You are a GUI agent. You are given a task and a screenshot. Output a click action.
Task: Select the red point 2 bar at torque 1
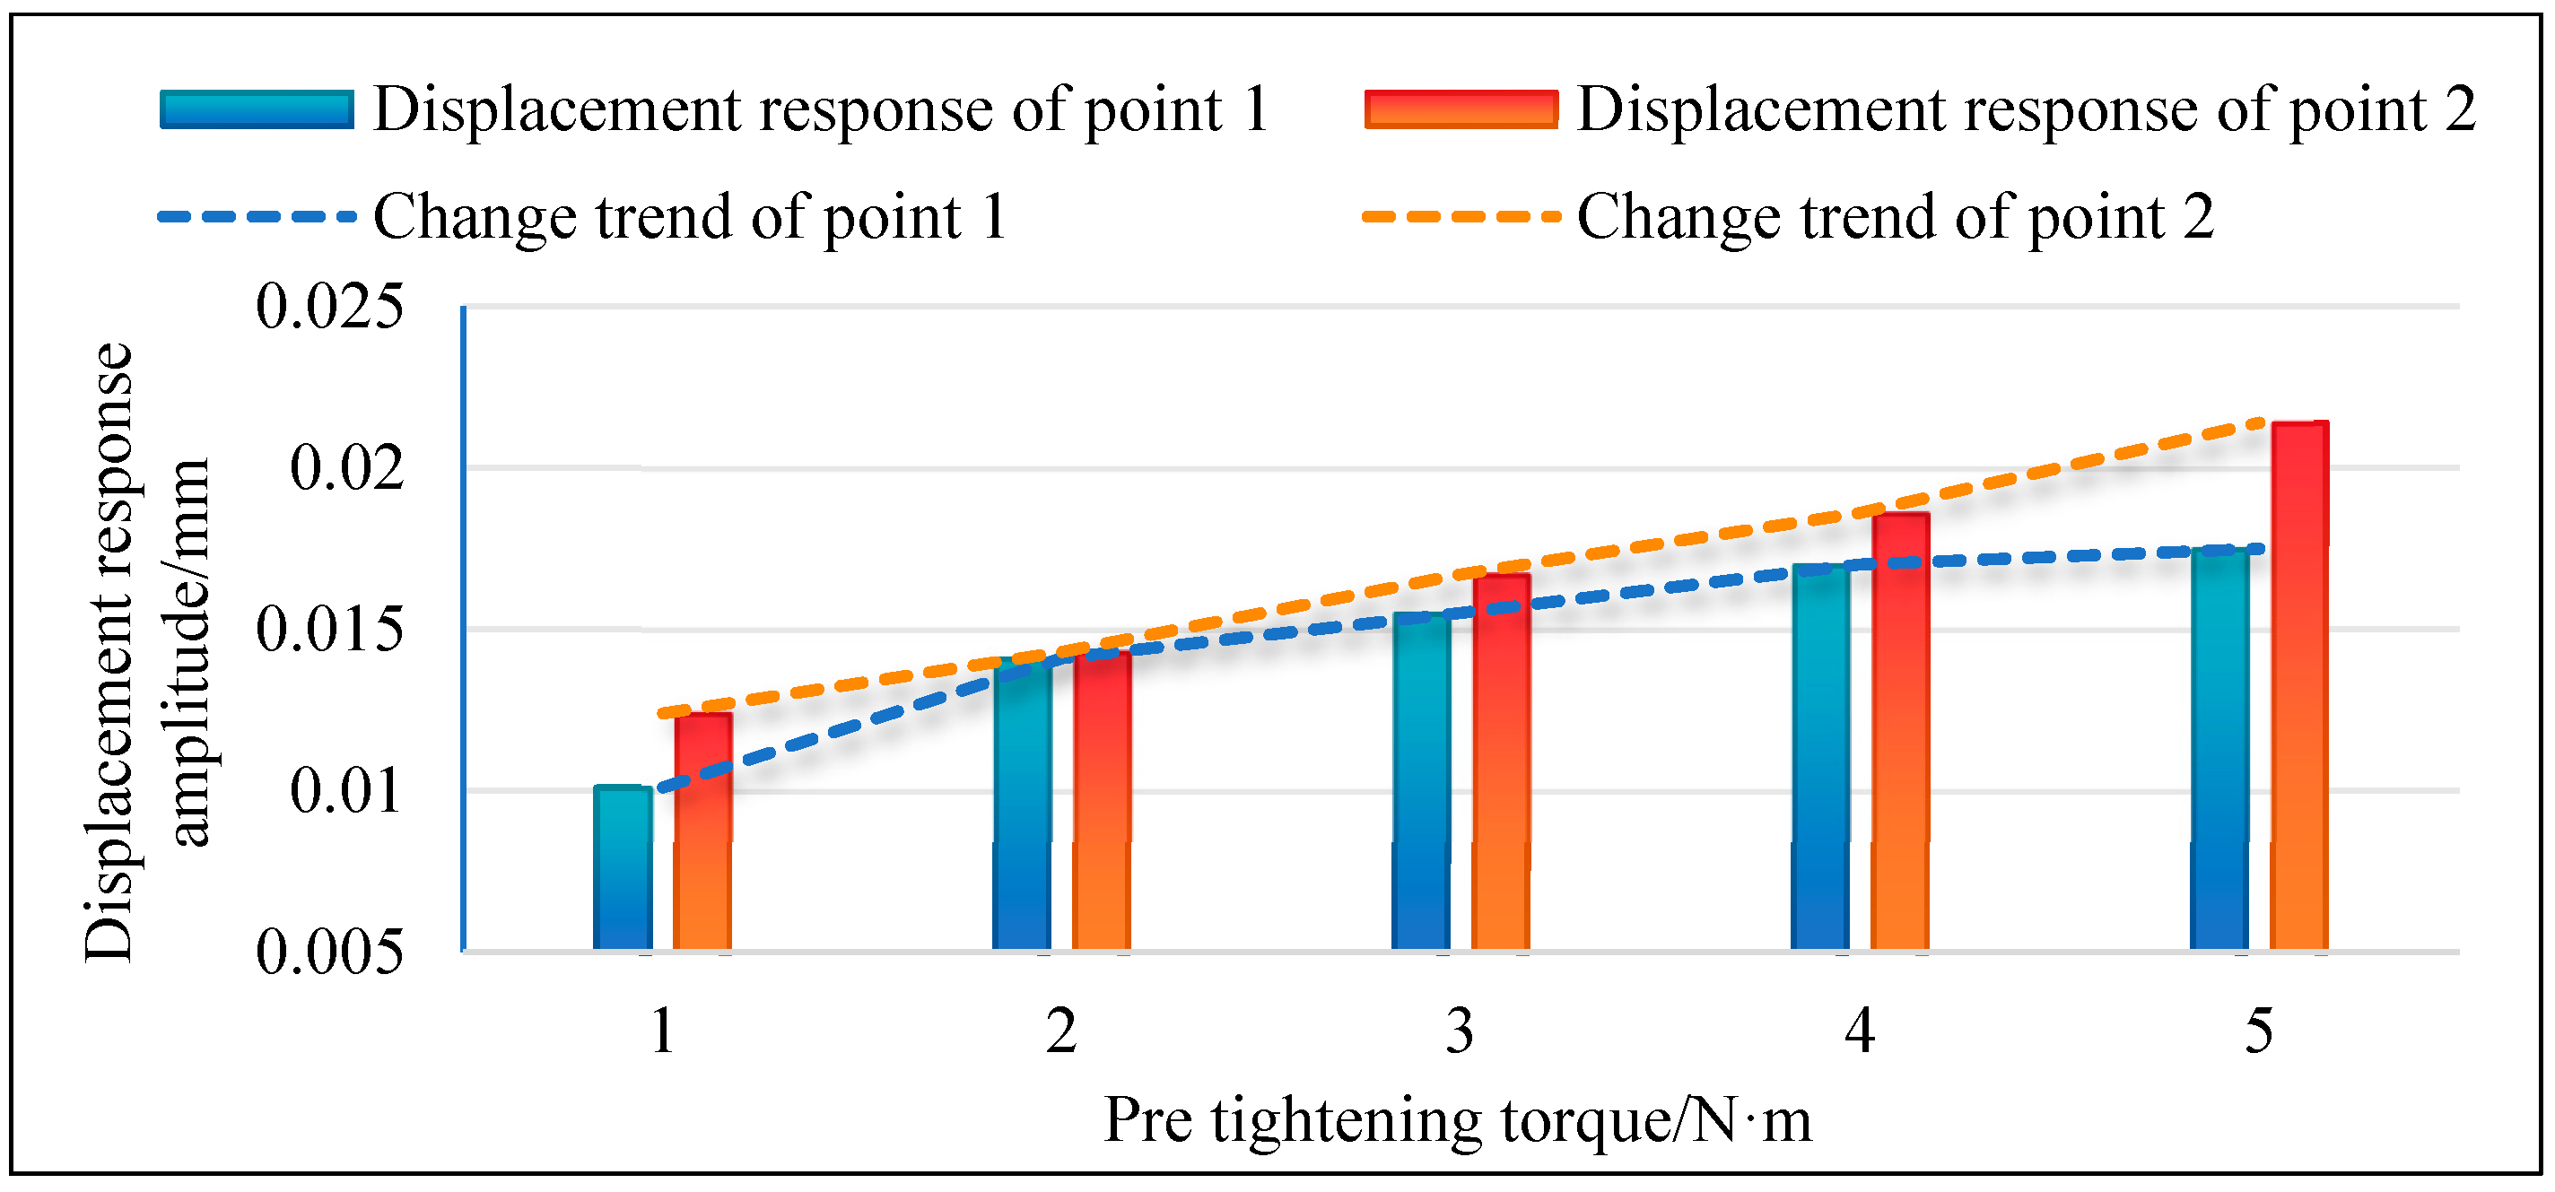click(703, 832)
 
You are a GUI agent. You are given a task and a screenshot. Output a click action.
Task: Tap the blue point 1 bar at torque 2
click(1023, 805)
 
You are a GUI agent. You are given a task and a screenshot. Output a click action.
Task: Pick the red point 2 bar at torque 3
click(1501, 762)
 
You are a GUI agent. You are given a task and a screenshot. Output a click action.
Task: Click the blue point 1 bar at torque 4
click(1820, 758)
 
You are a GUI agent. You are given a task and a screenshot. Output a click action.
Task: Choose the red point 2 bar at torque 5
click(2299, 686)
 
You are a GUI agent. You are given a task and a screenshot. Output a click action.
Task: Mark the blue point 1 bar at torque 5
click(2219, 749)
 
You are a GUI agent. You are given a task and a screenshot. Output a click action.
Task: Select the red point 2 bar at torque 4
click(1900, 732)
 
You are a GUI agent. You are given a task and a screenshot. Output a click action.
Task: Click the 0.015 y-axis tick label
click(330, 629)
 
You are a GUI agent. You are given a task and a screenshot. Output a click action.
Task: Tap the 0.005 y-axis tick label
click(330, 952)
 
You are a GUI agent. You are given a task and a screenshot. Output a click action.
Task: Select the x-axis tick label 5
click(2258, 1031)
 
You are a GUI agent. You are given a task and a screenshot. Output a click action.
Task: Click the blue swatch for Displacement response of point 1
click(257, 109)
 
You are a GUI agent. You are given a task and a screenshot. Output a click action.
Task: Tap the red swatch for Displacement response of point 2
click(1461, 109)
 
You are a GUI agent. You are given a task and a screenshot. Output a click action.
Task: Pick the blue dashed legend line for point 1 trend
click(257, 216)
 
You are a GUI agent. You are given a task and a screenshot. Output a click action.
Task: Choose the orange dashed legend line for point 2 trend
click(1461, 216)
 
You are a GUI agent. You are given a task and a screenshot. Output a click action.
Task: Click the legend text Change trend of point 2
click(1896, 217)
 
